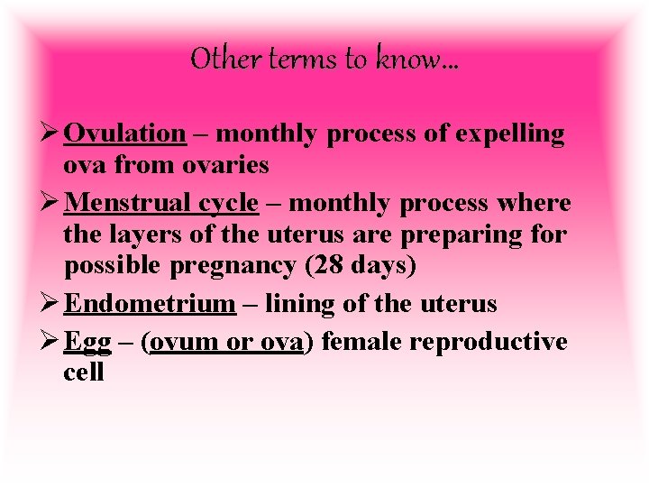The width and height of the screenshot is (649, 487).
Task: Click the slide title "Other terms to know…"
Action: click(x=324, y=60)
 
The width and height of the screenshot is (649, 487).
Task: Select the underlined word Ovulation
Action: click(x=125, y=133)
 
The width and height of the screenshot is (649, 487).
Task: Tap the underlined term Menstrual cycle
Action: click(x=161, y=203)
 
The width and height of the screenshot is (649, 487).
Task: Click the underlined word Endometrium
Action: click(x=150, y=303)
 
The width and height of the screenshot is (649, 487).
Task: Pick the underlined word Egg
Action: click(x=87, y=342)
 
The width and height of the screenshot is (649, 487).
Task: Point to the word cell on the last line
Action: click(x=84, y=372)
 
